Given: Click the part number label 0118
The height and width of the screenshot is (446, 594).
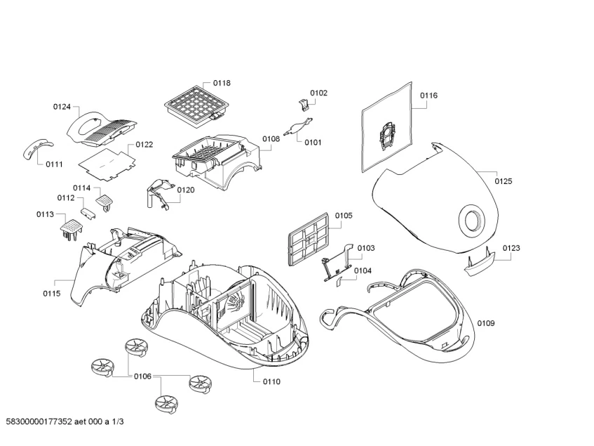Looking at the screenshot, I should click(x=221, y=83).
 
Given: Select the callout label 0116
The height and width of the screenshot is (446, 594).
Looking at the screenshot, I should click(x=428, y=95).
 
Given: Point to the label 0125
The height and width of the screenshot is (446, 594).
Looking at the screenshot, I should click(x=503, y=181).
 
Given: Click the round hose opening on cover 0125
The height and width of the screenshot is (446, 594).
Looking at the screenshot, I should click(x=471, y=220).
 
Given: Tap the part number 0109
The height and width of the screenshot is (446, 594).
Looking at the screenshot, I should click(x=486, y=323).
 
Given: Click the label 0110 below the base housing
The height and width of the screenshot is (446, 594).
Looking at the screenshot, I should click(x=271, y=381).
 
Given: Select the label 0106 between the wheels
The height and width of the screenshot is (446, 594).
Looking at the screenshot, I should click(x=142, y=376).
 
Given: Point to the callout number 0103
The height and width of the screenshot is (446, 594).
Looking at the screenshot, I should click(x=365, y=248).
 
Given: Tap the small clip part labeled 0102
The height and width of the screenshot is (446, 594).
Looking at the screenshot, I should click(x=304, y=105).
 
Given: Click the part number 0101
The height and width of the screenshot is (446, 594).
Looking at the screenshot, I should click(x=313, y=143).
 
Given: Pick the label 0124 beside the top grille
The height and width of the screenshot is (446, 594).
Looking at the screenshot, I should click(x=62, y=107).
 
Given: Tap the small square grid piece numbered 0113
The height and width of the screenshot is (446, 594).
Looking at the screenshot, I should click(x=71, y=228).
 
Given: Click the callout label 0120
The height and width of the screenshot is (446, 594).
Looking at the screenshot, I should click(x=185, y=190).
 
